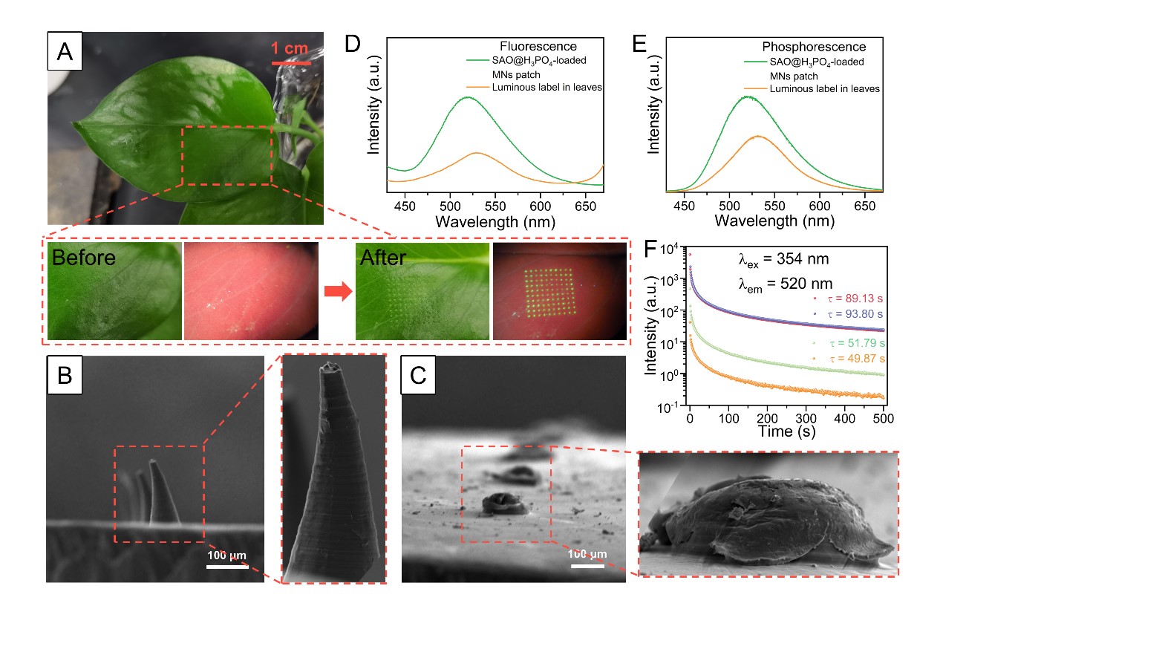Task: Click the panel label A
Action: point(65,51)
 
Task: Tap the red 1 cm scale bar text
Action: point(290,49)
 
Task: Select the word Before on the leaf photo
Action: point(84,258)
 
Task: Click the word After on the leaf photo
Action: point(383,258)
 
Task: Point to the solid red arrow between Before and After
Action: point(338,291)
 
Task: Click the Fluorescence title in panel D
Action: point(538,46)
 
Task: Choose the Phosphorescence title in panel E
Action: point(813,47)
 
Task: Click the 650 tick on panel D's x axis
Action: point(585,206)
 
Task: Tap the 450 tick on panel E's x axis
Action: point(684,206)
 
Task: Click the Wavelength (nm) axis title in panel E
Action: point(774,221)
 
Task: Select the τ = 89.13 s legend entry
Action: point(855,299)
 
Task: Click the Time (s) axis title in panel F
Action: point(786,431)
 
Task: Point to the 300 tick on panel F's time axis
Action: point(806,419)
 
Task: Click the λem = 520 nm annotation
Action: point(785,284)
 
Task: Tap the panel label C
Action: point(418,375)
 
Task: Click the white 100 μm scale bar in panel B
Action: point(226,567)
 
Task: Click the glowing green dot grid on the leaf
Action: point(549,291)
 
